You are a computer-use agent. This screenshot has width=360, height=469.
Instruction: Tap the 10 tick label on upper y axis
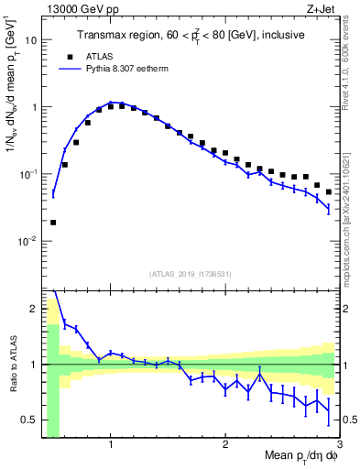click(x=30, y=40)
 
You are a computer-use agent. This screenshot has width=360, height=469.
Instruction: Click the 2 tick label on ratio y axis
click(x=33, y=309)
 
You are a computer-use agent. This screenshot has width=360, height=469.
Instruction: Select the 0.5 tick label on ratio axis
click(x=29, y=420)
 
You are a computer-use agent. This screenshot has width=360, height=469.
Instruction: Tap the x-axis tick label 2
click(x=225, y=446)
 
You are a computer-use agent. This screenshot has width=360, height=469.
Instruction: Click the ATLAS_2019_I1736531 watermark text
click(x=191, y=274)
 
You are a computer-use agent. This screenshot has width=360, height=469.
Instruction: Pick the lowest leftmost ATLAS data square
click(x=53, y=222)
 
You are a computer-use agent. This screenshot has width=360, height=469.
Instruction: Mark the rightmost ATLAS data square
click(x=329, y=191)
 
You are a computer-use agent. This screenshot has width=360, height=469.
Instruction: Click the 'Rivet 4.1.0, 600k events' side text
click(x=351, y=73)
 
